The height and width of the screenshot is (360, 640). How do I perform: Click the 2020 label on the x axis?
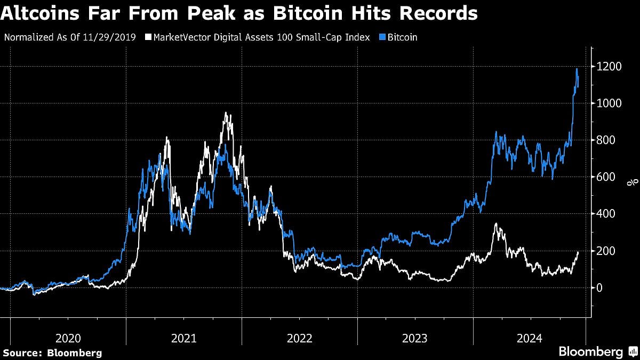pos(68,338)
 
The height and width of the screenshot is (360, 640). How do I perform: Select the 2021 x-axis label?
pos(184,338)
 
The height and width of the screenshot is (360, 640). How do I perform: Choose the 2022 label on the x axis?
pos(299,338)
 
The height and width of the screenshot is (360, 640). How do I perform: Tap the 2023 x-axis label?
pos(415,338)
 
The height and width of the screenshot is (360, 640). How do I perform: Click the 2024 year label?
pos(530,338)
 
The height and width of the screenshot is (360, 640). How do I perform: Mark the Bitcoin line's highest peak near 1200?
pos(577,69)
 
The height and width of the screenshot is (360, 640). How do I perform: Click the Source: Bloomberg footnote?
pos(52,353)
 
